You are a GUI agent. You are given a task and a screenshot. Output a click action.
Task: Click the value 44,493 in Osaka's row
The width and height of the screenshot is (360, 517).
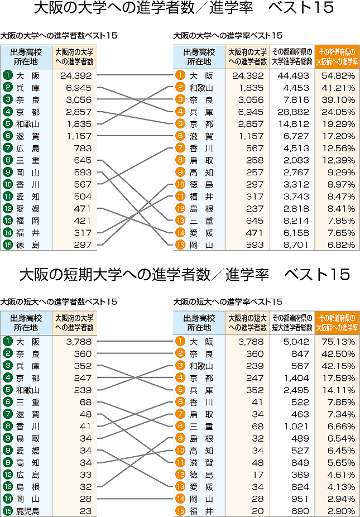point(292,75)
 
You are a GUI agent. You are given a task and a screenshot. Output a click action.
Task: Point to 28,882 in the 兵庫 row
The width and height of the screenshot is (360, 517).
point(292,112)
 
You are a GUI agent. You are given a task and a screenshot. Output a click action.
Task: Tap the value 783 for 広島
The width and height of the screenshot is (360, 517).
point(82,148)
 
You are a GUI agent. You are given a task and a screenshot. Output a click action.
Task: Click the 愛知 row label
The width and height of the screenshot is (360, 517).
point(28,197)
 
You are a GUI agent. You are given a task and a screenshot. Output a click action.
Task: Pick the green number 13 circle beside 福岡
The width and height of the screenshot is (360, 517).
point(8,221)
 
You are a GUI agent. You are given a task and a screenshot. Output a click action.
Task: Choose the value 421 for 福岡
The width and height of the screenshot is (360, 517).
point(82,221)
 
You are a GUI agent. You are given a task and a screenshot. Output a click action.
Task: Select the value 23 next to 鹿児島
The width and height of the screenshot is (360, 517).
point(84,511)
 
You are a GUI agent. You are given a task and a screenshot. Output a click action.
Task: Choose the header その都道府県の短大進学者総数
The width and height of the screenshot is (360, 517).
point(292,322)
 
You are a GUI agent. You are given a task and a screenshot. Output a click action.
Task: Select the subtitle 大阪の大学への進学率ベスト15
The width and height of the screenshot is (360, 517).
point(228,36)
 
